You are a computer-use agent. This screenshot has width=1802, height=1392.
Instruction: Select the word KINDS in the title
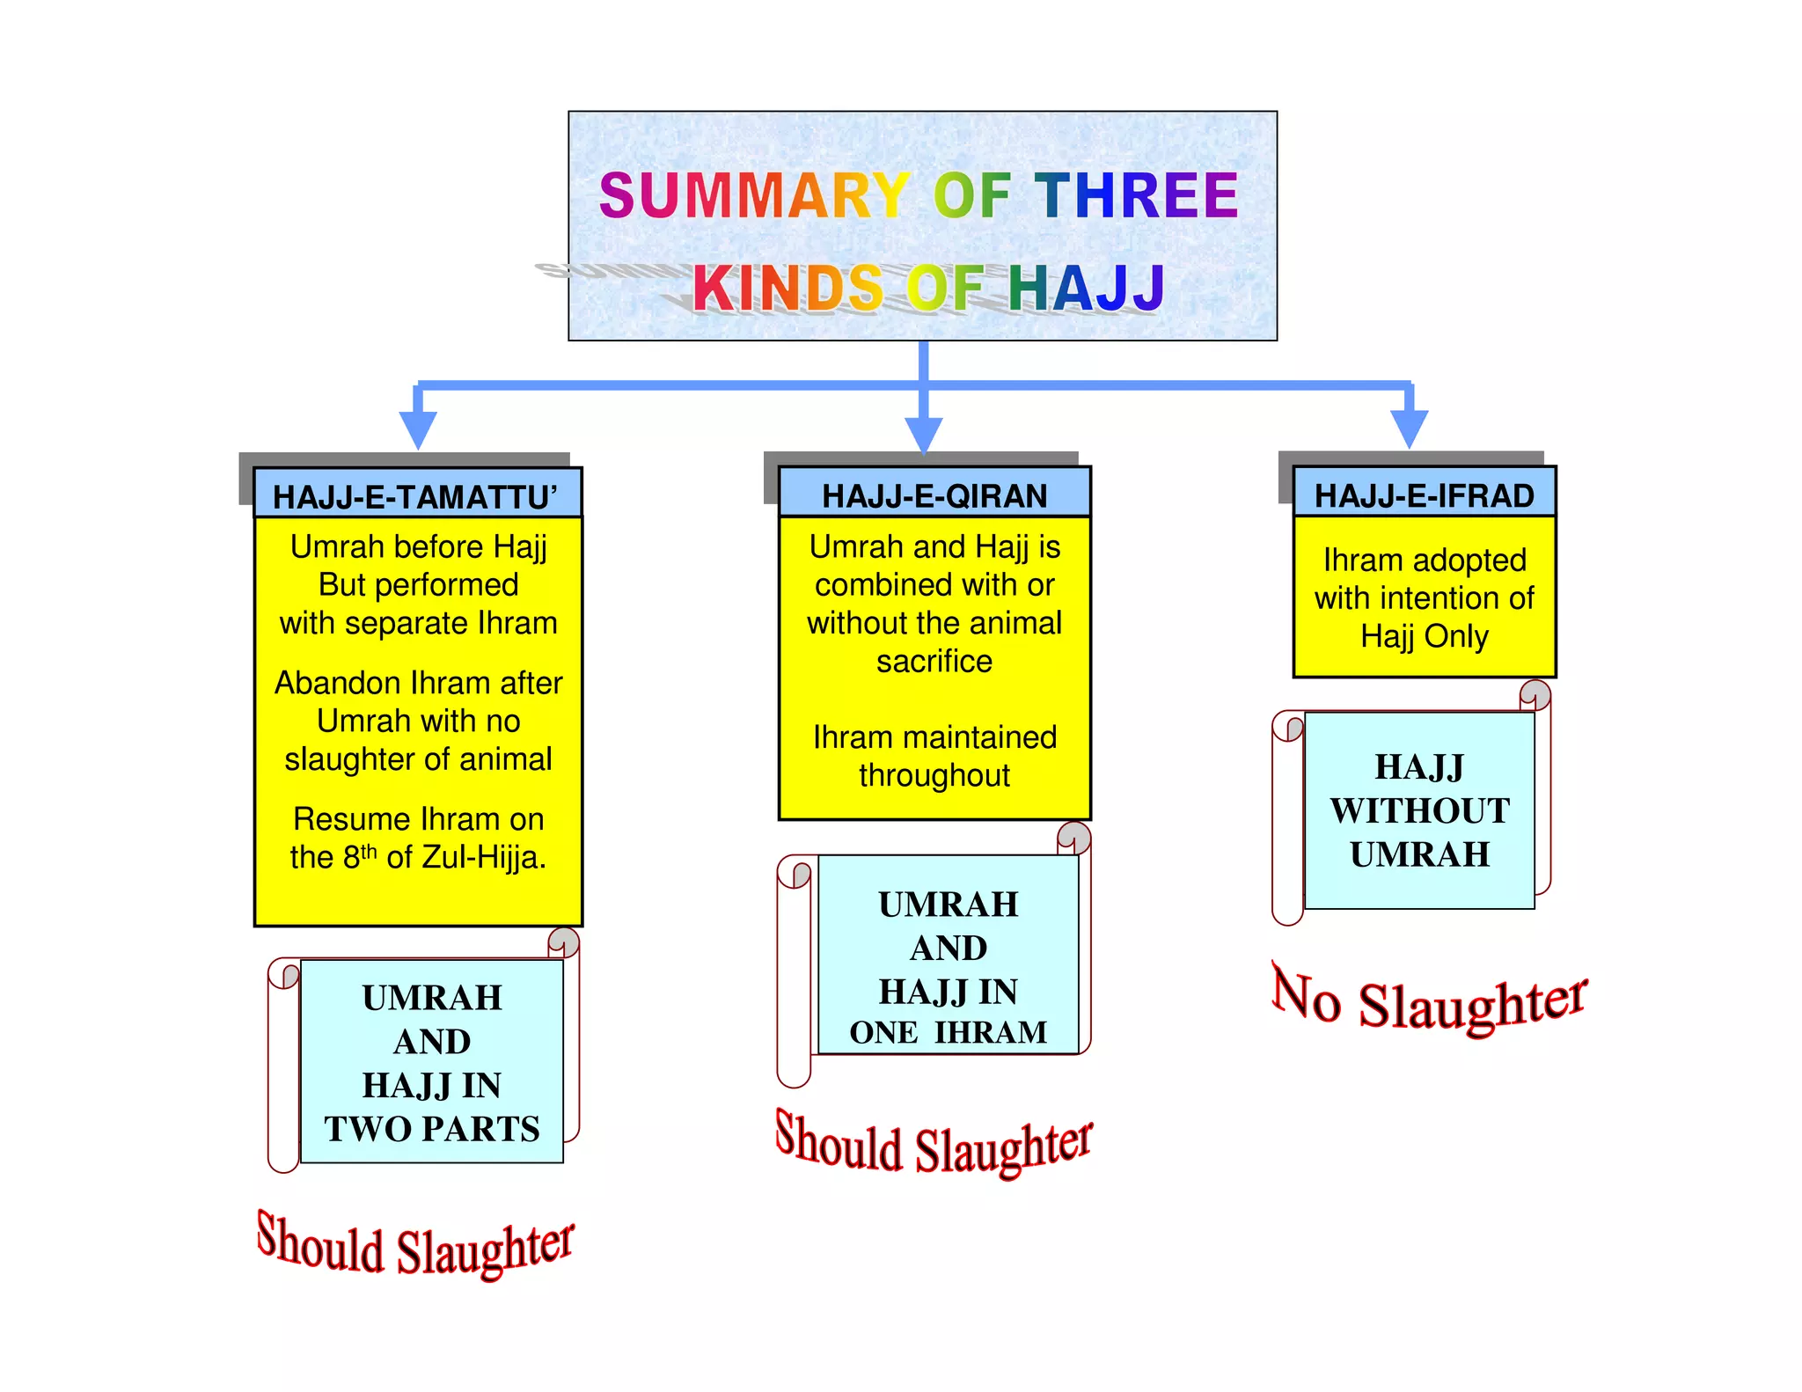[787, 289]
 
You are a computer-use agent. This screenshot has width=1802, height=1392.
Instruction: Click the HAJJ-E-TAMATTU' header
[415, 497]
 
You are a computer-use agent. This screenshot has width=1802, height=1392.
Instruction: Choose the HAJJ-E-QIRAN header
[934, 496]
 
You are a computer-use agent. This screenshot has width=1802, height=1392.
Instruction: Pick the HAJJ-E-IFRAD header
[1424, 496]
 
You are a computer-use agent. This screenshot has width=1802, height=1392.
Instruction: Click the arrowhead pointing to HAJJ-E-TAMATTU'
[418, 429]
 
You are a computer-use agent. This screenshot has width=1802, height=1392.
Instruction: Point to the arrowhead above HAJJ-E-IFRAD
[1410, 429]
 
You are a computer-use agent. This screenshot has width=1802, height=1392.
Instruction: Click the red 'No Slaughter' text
[1429, 1001]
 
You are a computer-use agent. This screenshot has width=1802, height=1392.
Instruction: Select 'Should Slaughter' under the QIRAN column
[934, 1145]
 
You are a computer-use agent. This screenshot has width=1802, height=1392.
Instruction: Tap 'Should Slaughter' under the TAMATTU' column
[415, 1246]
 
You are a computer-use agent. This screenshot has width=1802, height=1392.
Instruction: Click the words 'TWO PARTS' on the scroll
[432, 1129]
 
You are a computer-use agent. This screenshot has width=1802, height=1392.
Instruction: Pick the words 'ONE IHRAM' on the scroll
[949, 1032]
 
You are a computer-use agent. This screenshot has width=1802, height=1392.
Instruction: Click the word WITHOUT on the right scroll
[1419, 811]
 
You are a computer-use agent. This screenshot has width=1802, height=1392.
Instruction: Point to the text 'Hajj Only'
[1425, 636]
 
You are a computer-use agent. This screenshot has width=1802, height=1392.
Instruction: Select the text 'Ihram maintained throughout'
[934, 756]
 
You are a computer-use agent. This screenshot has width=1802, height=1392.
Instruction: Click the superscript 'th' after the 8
[370, 850]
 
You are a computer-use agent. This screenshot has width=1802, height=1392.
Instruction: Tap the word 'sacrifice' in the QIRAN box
[934, 662]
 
